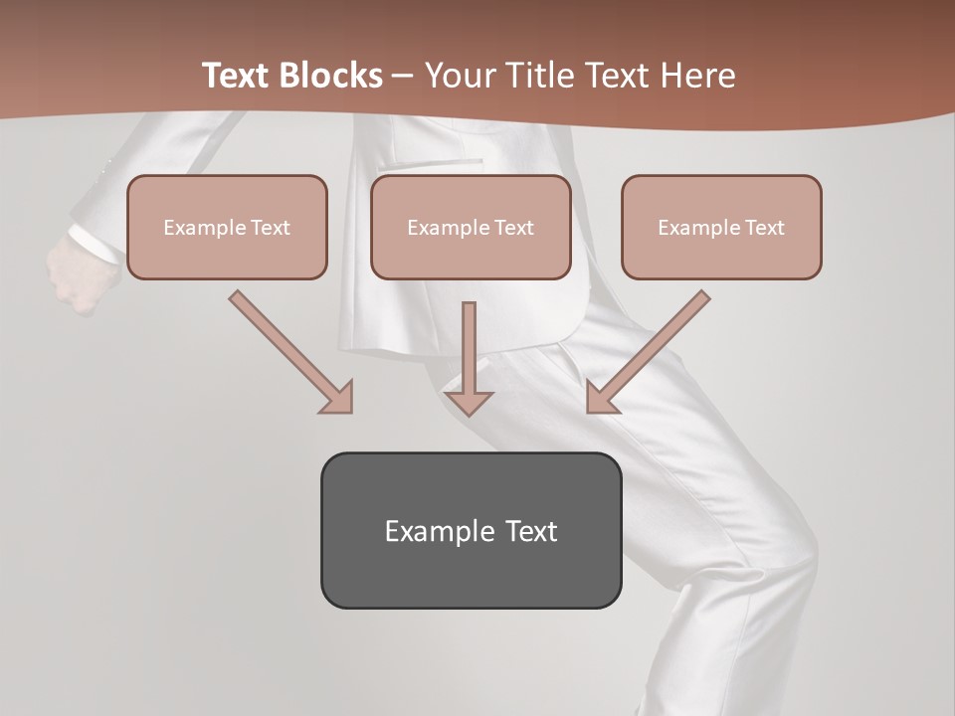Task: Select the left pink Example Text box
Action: tap(227, 227)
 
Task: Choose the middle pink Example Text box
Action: tap(471, 227)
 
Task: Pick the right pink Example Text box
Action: tap(721, 227)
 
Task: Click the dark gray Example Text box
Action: tap(471, 530)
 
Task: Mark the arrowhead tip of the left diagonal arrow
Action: tap(350, 411)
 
